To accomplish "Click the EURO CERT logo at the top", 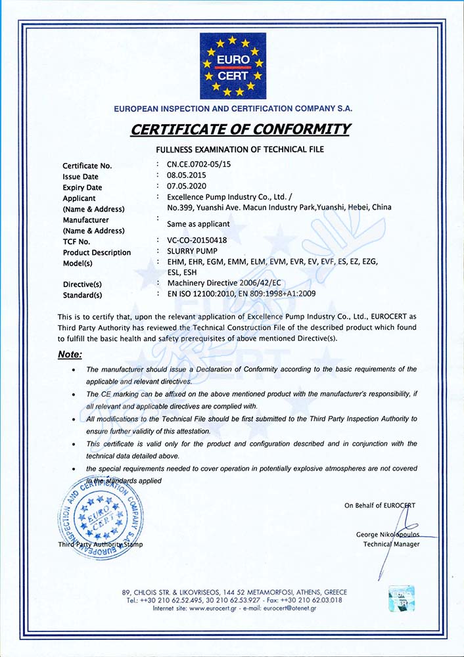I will [x=233, y=66].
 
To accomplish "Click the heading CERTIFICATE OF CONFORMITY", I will [x=240, y=129].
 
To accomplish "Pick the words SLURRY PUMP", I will [x=192, y=251].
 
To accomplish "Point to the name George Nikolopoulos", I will [x=388, y=534].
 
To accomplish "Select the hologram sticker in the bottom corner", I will [x=401, y=598].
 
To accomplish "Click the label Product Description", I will [x=97, y=252].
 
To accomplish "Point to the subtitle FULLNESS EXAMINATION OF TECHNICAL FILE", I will [x=239, y=150].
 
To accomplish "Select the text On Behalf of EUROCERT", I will [x=379, y=505].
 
